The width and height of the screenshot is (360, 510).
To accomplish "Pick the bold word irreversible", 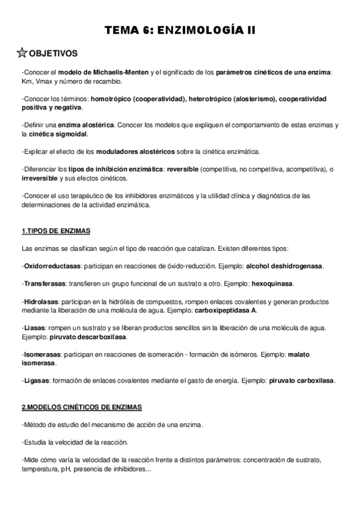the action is click(x=39, y=179).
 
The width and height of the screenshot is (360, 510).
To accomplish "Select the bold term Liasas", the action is click(x=35, y=328).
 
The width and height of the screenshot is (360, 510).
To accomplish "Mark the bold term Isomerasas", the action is click(x=41, y=355).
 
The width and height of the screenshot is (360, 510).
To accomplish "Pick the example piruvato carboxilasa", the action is click(x=302, y=381).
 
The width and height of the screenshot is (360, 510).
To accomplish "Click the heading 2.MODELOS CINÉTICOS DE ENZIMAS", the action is click(x=81, y=407).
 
